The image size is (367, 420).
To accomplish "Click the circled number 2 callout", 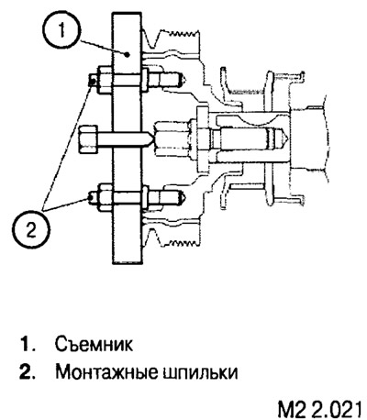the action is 31,230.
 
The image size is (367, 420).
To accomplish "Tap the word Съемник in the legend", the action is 95,345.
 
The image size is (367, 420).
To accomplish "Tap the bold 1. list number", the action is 27,345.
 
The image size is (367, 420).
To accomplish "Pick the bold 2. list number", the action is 27,372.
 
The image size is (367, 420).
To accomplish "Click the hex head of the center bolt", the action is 88,140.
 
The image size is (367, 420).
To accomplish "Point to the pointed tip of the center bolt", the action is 150,140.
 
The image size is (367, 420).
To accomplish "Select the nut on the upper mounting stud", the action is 105,80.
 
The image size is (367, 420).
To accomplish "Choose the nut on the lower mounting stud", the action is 105,196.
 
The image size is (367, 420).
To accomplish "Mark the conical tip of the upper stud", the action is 184,80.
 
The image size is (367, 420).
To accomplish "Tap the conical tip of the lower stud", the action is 183,196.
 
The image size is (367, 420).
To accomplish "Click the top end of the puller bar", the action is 127,13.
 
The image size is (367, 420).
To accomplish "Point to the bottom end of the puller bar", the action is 127,261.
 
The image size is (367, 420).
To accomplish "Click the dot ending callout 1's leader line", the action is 128,54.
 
